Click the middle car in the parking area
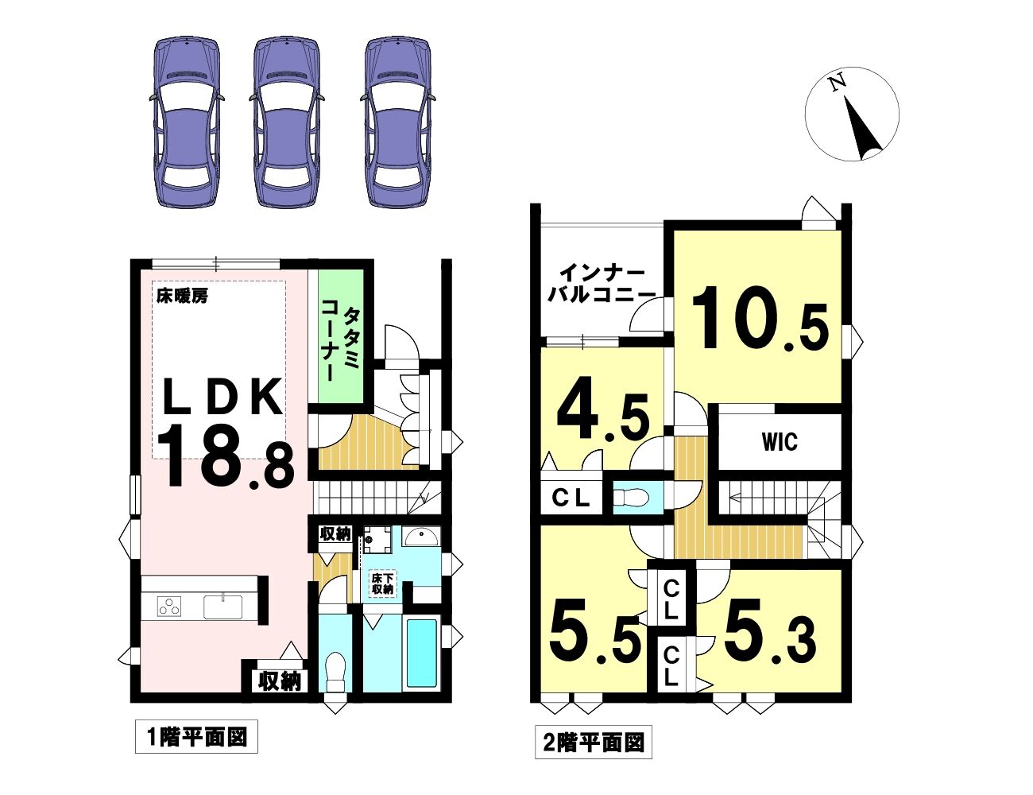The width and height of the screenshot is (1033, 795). (x=286, y=122)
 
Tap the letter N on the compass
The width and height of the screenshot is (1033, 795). (x=838, y=96)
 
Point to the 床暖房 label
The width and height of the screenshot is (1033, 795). (x=183, y=297)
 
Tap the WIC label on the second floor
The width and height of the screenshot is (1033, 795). (x=780, y=442)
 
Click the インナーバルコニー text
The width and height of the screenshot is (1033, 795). (x=601, y=284)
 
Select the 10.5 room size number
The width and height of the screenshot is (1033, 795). (x=759, y=319)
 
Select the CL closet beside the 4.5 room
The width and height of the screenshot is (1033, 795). (x=571, y=498)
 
